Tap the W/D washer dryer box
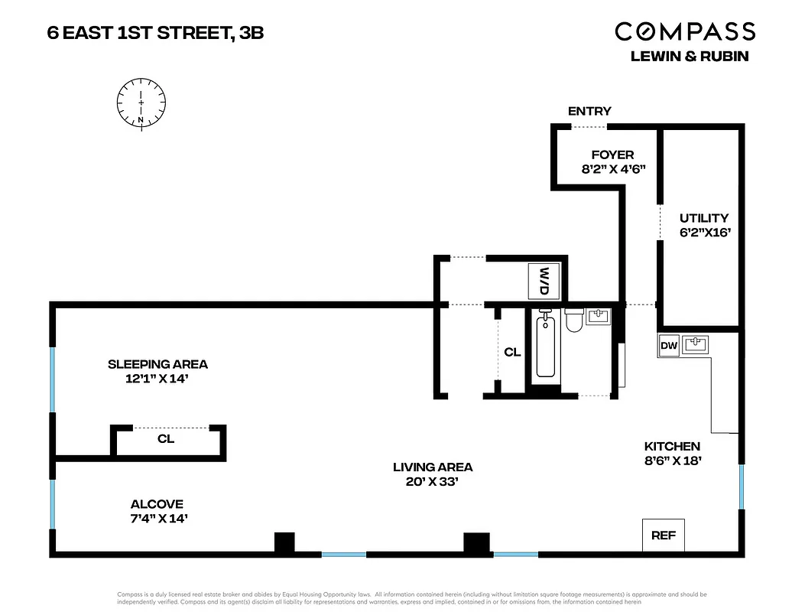click(545, 281)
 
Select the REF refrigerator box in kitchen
click(663, 535)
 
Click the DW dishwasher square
click(669, 346)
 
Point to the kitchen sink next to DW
click(696, 345)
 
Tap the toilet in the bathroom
click(574, 322)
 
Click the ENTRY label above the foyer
click(589, 112)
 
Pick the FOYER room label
click(613, 155)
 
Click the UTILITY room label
click(703, 218)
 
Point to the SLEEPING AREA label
click(157, 364)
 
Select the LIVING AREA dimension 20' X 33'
click(433, 481)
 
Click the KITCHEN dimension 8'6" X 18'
click(672, 461)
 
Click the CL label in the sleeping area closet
click(166, 439)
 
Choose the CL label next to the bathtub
click(512, 353)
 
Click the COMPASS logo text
click(685, 31)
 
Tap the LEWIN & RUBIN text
click(688, 56)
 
